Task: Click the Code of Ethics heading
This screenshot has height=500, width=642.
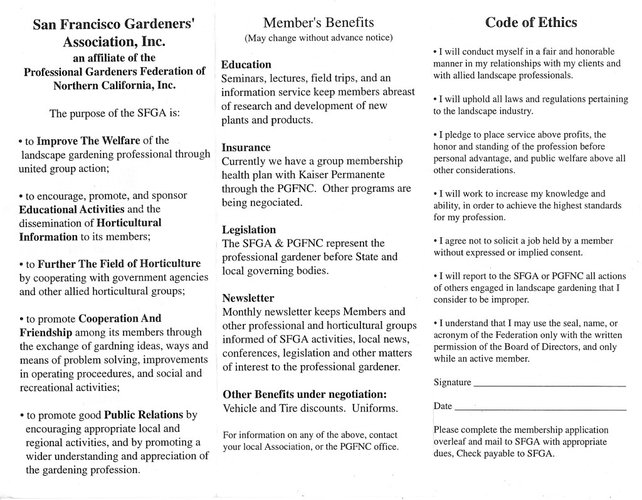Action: pos(531,23)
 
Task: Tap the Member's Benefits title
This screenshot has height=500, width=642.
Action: pos(318,23)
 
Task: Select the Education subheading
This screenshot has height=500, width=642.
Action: pos(246,65)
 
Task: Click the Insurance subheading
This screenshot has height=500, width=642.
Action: pos(246,147)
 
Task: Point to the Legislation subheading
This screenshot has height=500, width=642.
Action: pos(249,230)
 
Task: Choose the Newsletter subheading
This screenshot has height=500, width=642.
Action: pos(248,298)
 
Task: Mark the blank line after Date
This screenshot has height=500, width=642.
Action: pos(540,408)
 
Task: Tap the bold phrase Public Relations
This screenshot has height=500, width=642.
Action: pos(144,415)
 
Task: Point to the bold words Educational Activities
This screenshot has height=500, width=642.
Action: pos(72,209)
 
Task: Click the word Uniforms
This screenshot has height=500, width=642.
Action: pos(374,408)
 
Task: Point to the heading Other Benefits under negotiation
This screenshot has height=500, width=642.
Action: pos(305,395)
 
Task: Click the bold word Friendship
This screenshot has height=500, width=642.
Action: pos(46,332)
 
